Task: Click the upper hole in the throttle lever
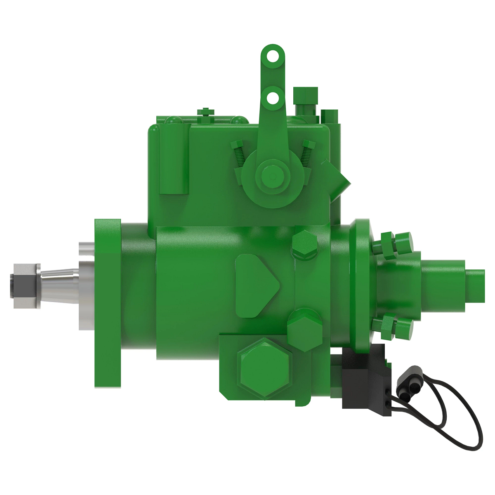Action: point(272,56)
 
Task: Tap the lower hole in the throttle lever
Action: point(272,98)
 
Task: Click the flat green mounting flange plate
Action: point(108,303)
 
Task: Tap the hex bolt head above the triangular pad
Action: point(305,245)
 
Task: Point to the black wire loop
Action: point(458,412)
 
